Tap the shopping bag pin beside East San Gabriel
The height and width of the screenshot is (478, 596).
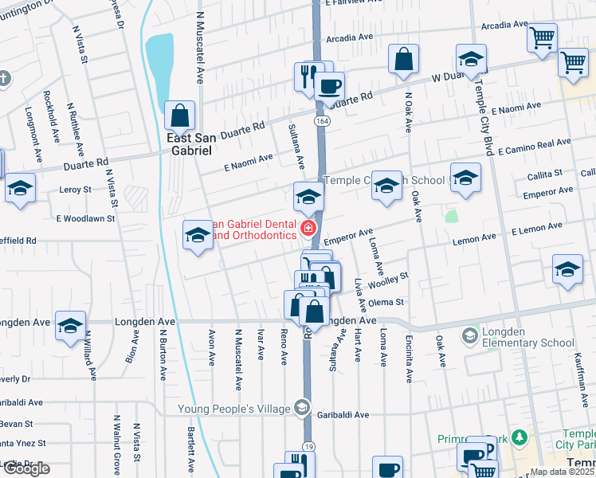(180, 116)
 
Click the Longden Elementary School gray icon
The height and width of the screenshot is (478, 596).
(470, 336)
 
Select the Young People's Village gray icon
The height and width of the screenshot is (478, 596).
(301, 409)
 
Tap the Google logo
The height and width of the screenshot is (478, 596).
(26, 468)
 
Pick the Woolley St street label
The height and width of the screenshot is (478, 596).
(391, 278)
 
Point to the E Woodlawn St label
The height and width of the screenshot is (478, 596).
(85, 217)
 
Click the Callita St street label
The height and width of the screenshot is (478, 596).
(544, 172)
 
